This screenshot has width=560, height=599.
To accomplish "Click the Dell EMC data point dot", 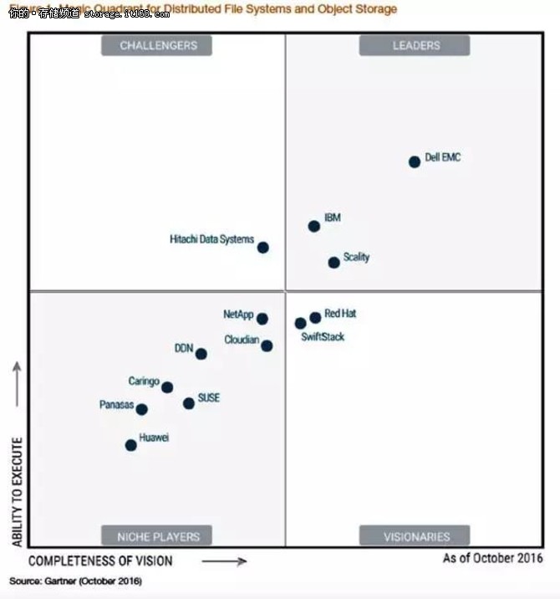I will (415, 161).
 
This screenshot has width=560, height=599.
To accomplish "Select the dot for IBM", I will (314, 226).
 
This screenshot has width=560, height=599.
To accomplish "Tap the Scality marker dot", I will (334, 262).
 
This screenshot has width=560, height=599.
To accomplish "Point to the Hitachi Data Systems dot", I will (263, 247).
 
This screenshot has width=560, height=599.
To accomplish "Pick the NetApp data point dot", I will (262, 319).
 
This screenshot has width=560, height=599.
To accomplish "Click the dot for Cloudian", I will (267, 346).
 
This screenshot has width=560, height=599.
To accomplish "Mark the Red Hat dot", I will (315, 317).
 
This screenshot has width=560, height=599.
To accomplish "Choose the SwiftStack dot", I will (300, 323).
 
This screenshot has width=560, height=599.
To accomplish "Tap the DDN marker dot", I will (201, 354).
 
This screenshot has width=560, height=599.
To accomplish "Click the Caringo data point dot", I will (167, 387).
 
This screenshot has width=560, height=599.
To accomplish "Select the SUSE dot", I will (189, 403).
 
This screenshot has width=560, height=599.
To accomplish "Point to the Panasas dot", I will (142, 409).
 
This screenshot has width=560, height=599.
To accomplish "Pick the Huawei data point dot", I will (131, 445).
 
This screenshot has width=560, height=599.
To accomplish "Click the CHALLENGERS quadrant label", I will (157, 45).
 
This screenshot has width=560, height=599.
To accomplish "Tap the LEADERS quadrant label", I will (415, 45).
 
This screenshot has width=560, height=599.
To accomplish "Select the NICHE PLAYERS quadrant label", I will (157, 535).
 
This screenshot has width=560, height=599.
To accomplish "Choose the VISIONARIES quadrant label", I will (415, 535).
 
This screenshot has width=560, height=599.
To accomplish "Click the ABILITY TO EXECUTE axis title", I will (18, 491).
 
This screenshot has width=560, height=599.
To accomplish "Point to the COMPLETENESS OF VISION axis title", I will (100, 560).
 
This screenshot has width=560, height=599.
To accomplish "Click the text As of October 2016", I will (492, 558).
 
